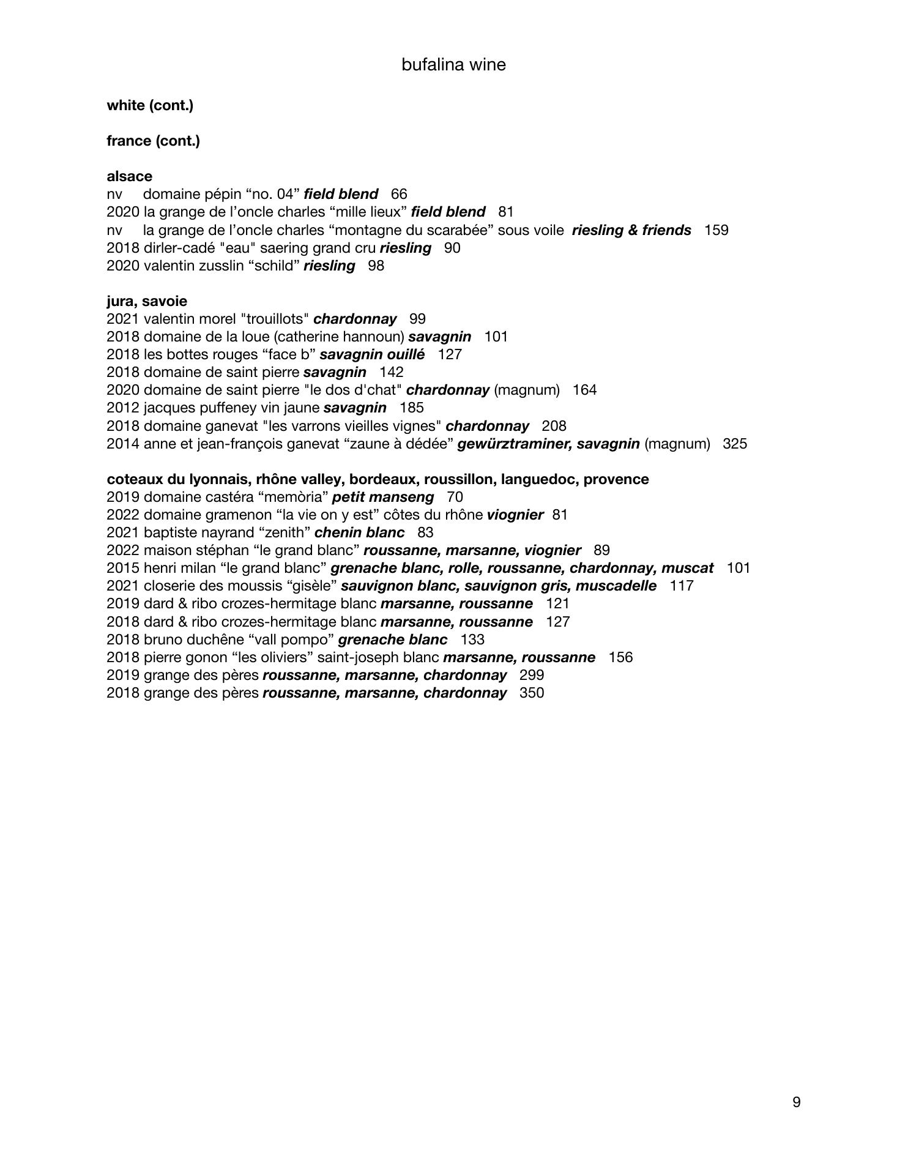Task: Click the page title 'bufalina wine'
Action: click(x=453, y=65)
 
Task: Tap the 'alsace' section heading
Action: click(x=129, y=176)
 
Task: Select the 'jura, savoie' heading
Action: click(x=147, y=301)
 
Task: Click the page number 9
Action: click(x=796, y=1102)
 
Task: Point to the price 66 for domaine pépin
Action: click(x=399, y=194)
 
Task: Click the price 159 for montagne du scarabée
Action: click(x=716, y=230)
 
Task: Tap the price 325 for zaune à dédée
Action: click(x=734, y=444)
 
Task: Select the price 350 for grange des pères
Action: click(x=531, y=693)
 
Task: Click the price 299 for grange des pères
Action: click(x=531, y=675)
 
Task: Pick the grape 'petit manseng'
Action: click(x=383, y=497)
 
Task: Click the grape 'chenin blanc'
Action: click(x=359, y=532)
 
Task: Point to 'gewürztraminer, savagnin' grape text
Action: click(x=548, y=444)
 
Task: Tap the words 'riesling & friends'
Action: click(x=631, y=230)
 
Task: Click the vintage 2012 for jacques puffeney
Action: click(x=123, y=408)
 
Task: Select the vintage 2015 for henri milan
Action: click(x=123, y=568)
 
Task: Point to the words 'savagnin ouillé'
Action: click(x=372, y=354)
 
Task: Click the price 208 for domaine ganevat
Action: click(x=554, y=426)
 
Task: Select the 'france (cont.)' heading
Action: click(x=153, y=141)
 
